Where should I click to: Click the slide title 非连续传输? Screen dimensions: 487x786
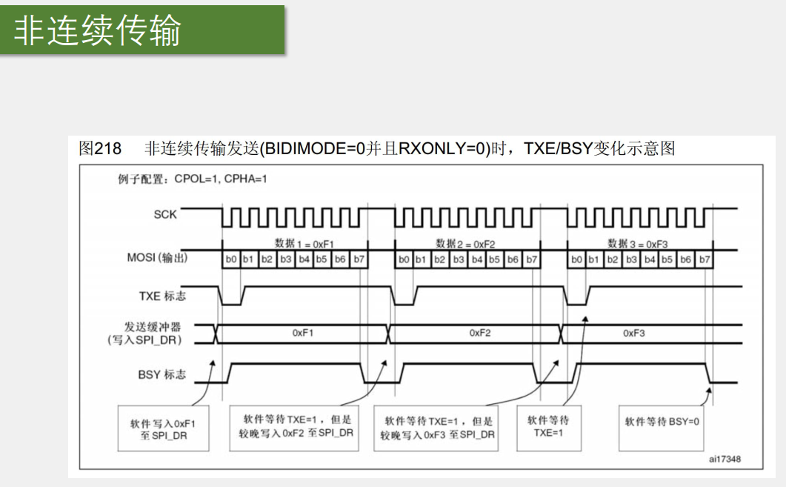tap(98, 31)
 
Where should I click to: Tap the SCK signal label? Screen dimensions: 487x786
tap(165, 214)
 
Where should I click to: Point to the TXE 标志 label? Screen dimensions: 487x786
tap(162, 296)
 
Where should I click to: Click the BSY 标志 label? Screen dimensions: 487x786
tap(162, 374)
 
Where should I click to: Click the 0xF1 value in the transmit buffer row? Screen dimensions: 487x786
tap(303, 334)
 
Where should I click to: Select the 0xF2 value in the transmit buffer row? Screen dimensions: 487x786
tap(480, 334)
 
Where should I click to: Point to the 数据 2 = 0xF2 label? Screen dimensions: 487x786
tap(466, 243)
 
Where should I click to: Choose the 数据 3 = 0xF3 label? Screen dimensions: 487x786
tap(637, 243)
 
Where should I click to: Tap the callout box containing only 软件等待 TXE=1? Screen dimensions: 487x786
tap(547, 427)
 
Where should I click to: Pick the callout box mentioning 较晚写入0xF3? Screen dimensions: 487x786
tap(436, 428)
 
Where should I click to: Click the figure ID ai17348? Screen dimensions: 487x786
tap(725, 460)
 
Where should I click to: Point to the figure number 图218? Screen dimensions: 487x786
tap(100, 148)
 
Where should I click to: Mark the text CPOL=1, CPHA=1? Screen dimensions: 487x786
tap(221, 179)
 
